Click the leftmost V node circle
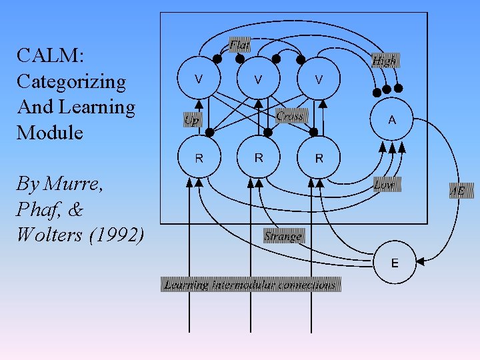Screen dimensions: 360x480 [199, 79]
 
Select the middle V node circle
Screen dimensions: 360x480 [258, 79]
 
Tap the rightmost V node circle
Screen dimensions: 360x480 [319, 79]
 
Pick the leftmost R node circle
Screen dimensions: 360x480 [199, 158]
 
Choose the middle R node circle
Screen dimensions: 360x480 [258, 158]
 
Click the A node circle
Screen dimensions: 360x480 [392, 120]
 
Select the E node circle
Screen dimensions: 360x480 [395, 263]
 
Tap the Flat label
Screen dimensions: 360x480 [239, 45]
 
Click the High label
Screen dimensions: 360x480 [384, 61]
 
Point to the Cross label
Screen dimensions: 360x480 [291, 116]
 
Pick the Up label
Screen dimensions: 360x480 [193, 121]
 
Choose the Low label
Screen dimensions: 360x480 [384, 185]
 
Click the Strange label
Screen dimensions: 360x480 [283, 236]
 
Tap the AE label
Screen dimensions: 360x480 [458, 192]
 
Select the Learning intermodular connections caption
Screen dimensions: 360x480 [251, 285]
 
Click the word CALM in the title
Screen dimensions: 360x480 [47, 56]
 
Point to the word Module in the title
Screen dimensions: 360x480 [50, 133]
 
